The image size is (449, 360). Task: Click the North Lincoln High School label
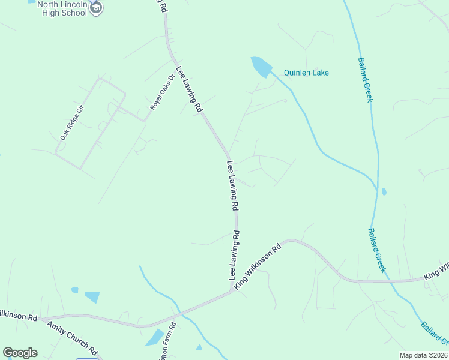pos(62,8)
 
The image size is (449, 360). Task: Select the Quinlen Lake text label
pos(307,73)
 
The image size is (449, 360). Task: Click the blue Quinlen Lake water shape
pos(261,65)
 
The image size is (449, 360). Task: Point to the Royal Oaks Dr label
pos(162,92)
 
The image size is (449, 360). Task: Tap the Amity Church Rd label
pos(72,337)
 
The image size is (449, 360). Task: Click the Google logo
pos(20,353)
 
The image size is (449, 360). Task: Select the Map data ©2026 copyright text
pos(423,355)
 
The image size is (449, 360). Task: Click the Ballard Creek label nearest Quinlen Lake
pos(365,80)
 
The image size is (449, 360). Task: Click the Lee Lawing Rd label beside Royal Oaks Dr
pos(189,89)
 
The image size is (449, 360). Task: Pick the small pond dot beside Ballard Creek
pos(384,192)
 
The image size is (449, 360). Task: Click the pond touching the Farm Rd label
pos(155,338)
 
